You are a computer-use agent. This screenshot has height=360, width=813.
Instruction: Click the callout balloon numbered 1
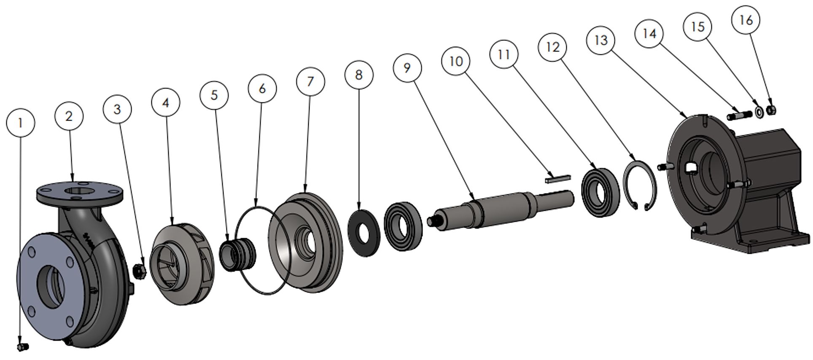[20, 123]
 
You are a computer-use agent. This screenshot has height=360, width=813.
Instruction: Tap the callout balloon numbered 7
[310, 81]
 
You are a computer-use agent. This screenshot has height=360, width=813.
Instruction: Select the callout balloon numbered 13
[600, 40]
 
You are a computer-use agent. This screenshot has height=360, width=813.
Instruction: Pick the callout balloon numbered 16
[746, 20]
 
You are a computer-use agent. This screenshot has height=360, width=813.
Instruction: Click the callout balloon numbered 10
[456, 61]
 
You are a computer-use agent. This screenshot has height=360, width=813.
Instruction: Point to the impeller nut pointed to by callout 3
[139, 271]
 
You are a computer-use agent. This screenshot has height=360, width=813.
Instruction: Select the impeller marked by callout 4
[181, 264]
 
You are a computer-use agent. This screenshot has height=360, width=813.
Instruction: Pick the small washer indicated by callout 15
[759, 112]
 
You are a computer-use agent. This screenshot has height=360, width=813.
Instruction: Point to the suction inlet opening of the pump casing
[51, 287]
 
